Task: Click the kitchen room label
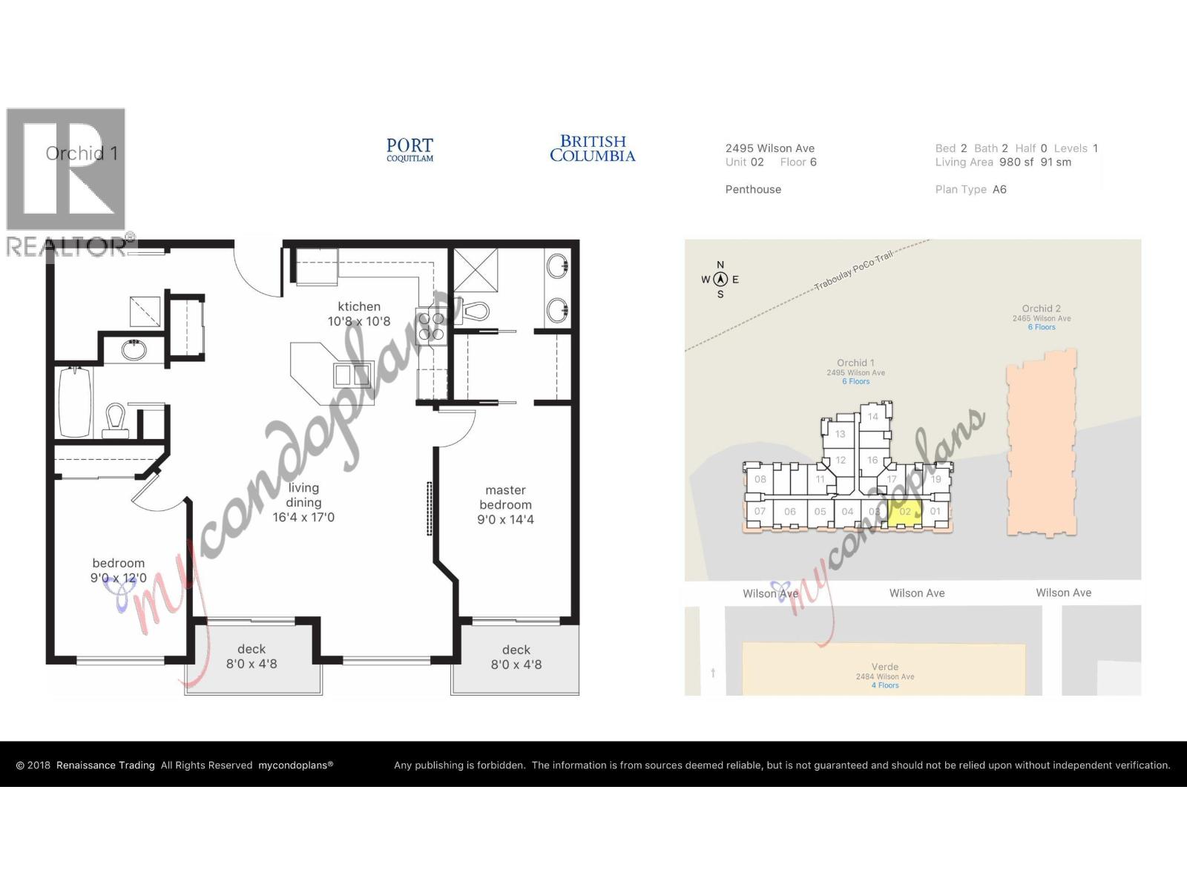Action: (x=359, y=306)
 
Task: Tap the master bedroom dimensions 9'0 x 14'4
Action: (x=505, y=519)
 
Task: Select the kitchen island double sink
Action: (x=352, y=375)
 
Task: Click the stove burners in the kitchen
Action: (x=432, y=327)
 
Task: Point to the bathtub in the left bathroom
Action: (x=75, y=401)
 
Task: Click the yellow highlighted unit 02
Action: (x=905, y=512)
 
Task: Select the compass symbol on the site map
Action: (x=720, y=280)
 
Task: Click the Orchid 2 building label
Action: (x=1042, y=309)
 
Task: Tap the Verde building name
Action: (x=885, y=667)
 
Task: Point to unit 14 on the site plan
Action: (x=873, y=417)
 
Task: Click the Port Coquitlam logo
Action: (x=410, y=149)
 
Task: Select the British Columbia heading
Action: (x=592, y=148)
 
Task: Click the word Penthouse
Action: (x=753, y=189)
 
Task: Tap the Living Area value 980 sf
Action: (x=1016, y=162)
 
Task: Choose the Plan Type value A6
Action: (x=999, y=189)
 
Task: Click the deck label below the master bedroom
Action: (x=516, y=650)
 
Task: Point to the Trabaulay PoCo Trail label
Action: (x=853, y=271)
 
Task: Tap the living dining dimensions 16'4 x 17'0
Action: (x=303, y=517)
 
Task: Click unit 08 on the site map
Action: (x=760, y=479)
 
